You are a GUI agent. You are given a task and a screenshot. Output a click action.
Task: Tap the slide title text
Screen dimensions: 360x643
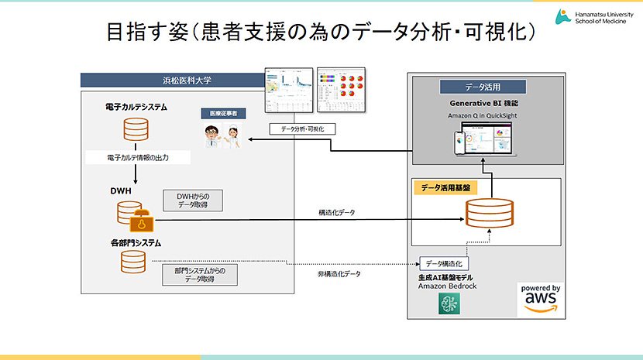coord(321,32)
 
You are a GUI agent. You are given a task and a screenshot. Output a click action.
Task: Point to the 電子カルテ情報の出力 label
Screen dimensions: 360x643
coord(138,158)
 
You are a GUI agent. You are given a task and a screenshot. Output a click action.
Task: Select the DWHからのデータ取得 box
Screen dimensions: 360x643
coord(193,201)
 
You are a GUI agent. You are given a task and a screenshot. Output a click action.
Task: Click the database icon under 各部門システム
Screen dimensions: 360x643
coord(134,264)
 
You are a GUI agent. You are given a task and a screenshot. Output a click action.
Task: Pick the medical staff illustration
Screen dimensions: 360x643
coord(221,136)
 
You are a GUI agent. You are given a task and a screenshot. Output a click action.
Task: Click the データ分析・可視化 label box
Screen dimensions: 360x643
coord(297,129)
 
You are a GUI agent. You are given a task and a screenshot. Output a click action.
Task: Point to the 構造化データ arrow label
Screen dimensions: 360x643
coord(337,211)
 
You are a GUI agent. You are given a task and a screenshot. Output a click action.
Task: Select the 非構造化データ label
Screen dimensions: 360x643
coord(339,273)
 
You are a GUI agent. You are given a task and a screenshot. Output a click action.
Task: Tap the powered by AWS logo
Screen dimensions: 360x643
coord(542,299)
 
